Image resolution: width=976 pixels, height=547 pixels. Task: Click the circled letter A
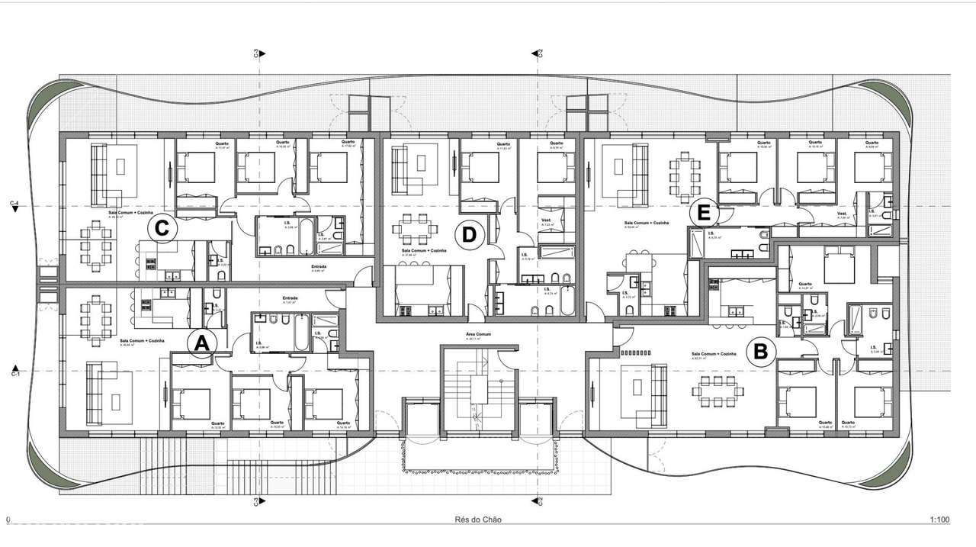[201, 343]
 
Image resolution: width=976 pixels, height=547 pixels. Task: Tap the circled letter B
[759, 352]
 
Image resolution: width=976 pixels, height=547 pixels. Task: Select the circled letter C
[161, 227]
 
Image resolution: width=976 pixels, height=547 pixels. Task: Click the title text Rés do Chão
[474, 520]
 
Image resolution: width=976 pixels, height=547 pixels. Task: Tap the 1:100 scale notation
[939, 520]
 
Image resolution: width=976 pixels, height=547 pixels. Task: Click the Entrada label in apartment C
[319, 267]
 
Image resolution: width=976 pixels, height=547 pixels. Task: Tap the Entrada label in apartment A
[290, 298]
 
